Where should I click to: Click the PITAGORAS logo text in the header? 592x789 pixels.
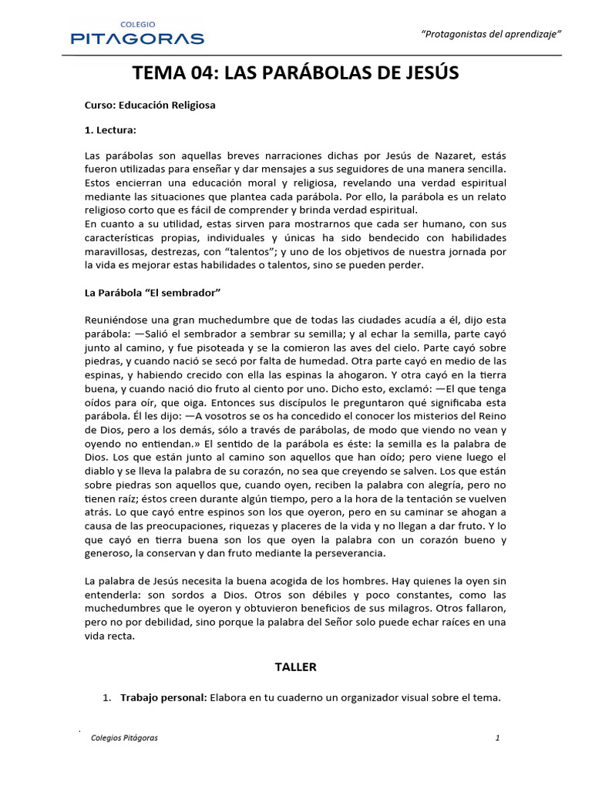137,38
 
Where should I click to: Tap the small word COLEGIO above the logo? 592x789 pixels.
137,24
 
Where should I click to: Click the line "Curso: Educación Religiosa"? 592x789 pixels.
150,105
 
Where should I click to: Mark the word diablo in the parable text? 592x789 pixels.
99,471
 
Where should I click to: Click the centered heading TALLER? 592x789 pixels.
295,666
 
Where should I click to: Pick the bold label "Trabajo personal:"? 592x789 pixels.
163,698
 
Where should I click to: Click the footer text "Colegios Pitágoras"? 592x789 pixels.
124,737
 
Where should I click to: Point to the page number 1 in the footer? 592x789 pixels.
497,737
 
